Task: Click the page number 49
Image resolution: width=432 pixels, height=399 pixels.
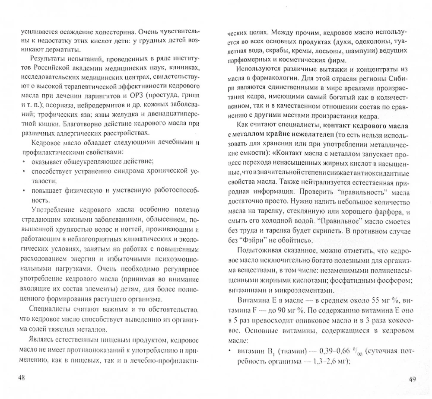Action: tap(412, 380)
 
